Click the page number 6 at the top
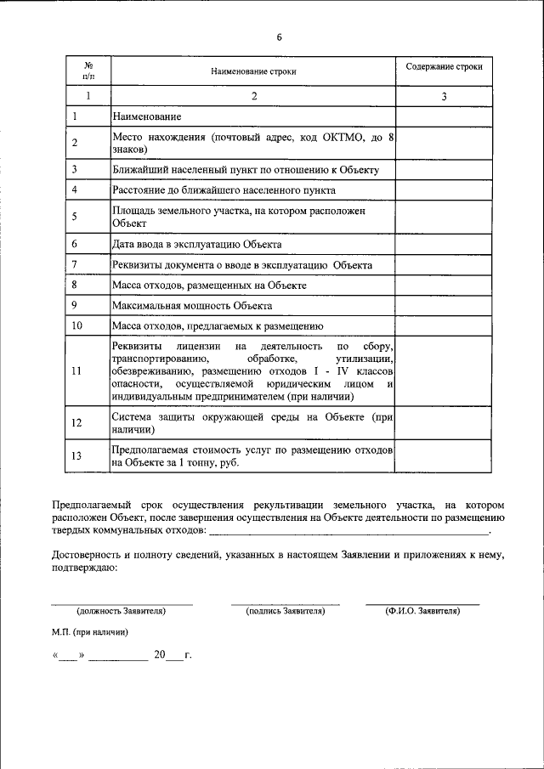278,37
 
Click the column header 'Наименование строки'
253,72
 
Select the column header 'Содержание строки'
444,66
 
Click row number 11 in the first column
76,371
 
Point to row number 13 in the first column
76,456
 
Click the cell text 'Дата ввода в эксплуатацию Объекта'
197,244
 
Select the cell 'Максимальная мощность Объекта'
191,305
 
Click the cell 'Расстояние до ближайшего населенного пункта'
224,189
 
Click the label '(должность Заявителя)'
121,610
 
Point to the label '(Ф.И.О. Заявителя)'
422,610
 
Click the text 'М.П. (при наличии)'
89,632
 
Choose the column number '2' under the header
253,97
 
